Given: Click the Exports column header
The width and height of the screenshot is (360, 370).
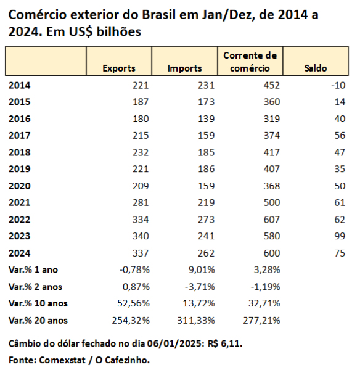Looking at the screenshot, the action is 119,68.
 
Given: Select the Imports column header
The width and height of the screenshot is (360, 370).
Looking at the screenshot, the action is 185,68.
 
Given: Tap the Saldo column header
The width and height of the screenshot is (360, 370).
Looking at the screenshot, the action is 316,68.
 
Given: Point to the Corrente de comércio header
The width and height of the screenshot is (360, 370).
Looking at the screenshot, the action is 250,62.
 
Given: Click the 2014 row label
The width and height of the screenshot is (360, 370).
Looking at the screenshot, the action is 20,86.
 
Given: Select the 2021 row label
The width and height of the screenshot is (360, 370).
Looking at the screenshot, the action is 20,203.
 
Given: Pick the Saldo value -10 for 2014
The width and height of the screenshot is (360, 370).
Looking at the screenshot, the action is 338,86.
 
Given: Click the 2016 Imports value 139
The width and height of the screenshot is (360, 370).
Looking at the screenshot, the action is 206,119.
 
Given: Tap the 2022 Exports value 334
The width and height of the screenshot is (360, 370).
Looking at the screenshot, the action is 141,220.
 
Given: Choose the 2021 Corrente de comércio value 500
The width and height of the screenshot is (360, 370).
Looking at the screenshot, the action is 272,203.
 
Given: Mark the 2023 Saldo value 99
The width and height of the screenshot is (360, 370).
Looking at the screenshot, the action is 340,236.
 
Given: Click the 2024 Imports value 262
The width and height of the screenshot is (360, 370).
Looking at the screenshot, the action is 206,253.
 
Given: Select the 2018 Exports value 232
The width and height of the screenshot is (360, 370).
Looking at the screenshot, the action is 141,152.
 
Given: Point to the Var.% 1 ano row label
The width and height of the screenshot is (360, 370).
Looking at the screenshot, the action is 33,270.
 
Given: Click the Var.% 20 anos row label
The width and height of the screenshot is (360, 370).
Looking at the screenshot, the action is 38,321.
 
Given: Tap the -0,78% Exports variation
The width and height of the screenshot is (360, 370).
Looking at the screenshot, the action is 134,270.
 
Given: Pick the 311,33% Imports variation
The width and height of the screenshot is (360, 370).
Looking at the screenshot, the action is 196,321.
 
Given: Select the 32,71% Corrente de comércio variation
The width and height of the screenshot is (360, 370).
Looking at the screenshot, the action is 264,303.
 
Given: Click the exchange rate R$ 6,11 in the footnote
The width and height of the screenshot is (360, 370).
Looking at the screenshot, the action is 225,344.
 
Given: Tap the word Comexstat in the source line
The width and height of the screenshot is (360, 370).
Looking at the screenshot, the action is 62,360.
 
